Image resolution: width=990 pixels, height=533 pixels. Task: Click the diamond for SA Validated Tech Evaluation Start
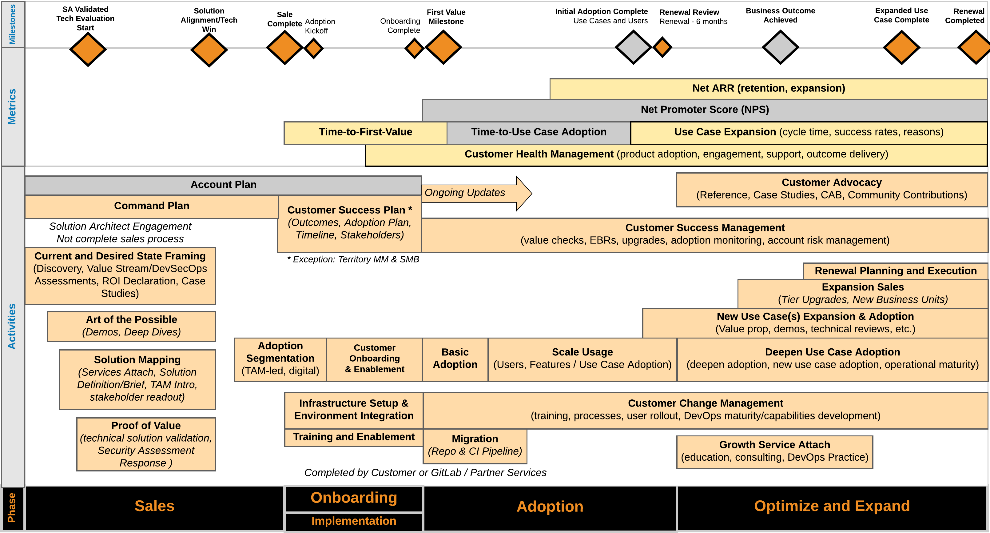tap(88, 49)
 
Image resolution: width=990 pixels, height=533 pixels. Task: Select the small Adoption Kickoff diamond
tap(314, 48)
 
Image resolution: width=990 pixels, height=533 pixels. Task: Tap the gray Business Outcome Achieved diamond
tap(780, 47)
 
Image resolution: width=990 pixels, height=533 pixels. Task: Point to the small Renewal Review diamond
tap(662, 47)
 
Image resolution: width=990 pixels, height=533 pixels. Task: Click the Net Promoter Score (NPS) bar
tap(705, 110)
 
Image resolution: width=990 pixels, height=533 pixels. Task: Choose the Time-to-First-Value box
tap(365, 132)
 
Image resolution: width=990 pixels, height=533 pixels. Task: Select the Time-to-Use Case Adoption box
tap(539, 132)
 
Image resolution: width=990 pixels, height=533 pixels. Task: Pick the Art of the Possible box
tap(131, 326)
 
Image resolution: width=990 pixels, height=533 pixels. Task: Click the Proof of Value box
tap(146, 444)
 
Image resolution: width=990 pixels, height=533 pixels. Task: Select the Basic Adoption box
tap(455, 359)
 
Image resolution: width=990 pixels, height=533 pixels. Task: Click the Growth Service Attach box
tap(774, 451)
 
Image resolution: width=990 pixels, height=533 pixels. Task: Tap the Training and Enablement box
tap(354, 437)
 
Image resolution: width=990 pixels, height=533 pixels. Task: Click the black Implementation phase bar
tap(354, 521)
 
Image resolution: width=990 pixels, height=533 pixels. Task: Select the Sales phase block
tap(154, 507)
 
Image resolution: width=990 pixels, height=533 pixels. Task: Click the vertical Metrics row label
tap(13, 106)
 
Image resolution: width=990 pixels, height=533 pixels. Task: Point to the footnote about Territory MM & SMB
tap(353, 260)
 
